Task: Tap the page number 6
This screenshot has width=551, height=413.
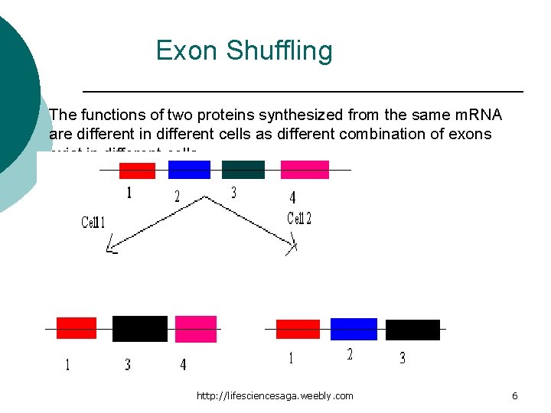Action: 514,395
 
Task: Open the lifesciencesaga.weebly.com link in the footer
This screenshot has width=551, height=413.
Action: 275,395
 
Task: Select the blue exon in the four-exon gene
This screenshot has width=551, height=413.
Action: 189,170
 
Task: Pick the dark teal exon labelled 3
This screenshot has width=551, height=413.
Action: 243,170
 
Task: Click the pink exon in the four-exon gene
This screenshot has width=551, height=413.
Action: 305,170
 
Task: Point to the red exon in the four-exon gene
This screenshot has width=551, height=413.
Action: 137,171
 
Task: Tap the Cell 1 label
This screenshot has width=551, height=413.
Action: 93,223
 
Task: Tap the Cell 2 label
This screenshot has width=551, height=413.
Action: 299,219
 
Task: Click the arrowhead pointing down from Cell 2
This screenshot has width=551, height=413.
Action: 292,247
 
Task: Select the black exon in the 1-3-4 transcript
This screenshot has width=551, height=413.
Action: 139,329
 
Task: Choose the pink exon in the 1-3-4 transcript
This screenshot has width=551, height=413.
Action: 196,329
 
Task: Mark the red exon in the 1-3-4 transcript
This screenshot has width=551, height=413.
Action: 77,328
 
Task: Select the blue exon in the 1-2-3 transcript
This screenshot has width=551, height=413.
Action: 354,329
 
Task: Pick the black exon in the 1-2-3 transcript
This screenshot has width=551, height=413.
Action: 412,330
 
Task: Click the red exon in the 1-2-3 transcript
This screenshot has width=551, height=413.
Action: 298,329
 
